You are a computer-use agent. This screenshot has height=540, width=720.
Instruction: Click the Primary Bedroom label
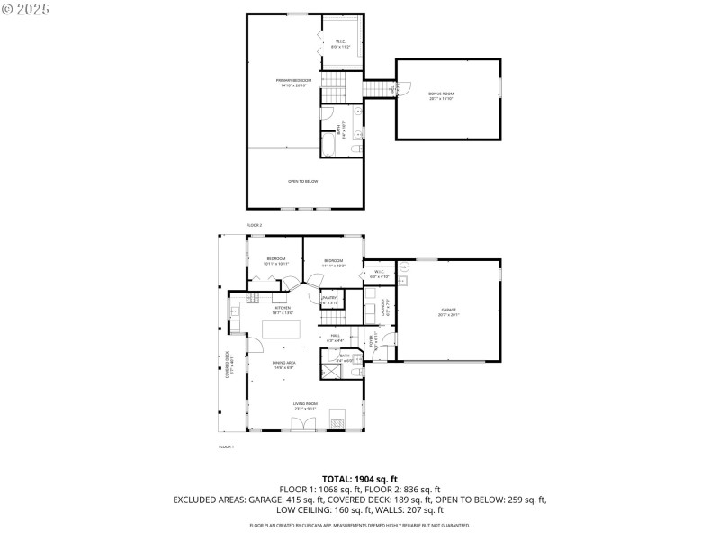tap(294, 83)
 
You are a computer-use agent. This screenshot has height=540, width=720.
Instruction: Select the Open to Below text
tap(302, 182)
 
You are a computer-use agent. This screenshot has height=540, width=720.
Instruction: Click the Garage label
tap(448, 312)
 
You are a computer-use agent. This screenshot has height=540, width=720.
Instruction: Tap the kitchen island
tap(282, 331)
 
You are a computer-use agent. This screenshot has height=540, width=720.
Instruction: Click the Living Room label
tap(305, 406)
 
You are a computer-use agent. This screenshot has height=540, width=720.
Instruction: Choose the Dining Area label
tap(284, 364)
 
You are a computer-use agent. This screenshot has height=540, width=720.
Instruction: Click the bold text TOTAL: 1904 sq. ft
tap(359, 479)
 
